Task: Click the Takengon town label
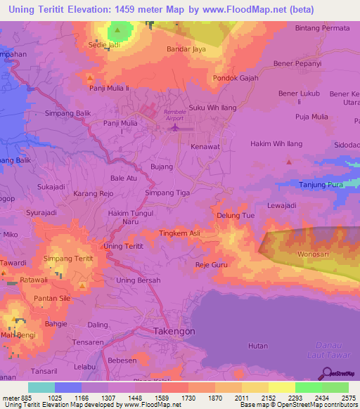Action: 174,330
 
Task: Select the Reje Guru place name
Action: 212,265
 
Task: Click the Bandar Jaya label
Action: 186,50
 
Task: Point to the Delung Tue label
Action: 236,216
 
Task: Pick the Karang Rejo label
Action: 94,193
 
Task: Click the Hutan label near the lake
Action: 258,346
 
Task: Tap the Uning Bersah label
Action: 139,280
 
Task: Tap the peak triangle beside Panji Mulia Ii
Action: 89,77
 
